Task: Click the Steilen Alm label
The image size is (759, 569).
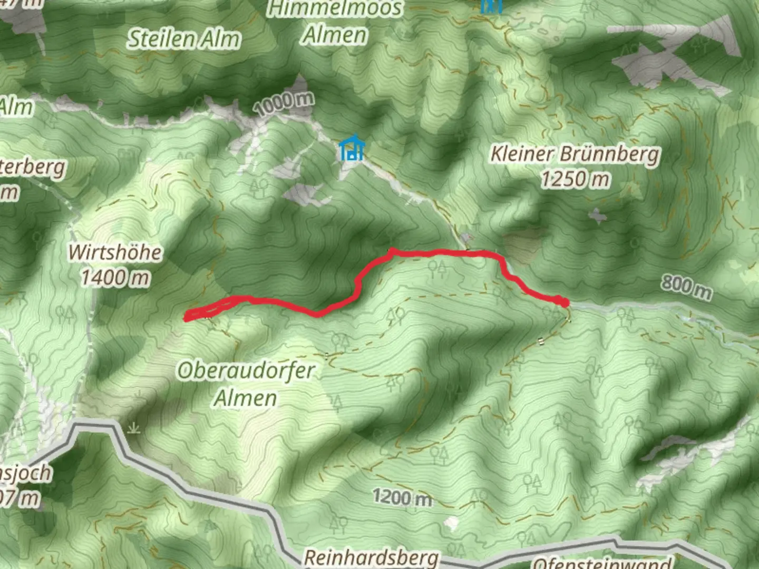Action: click(184, 39)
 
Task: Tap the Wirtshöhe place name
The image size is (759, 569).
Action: click(115, 252)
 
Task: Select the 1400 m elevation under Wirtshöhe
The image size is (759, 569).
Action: click(115, 278)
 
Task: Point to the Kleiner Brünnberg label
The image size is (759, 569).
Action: click(575, 154)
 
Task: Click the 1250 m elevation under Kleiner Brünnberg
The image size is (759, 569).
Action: click(575, 180)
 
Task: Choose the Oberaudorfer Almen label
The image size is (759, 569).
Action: click(246, 384)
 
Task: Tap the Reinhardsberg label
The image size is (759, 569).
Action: click(371, 557)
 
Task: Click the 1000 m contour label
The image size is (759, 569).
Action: click(284, 103)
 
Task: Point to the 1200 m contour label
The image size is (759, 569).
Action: click(402, 497)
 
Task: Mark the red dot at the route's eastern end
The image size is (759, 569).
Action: click(564, 302)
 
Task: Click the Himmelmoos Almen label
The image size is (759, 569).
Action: click(335, 22)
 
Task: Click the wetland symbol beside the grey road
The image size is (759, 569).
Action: click(134, 428)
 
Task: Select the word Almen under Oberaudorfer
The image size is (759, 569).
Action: click(246, 398)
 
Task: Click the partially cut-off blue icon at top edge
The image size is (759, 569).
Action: click(491, 5)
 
